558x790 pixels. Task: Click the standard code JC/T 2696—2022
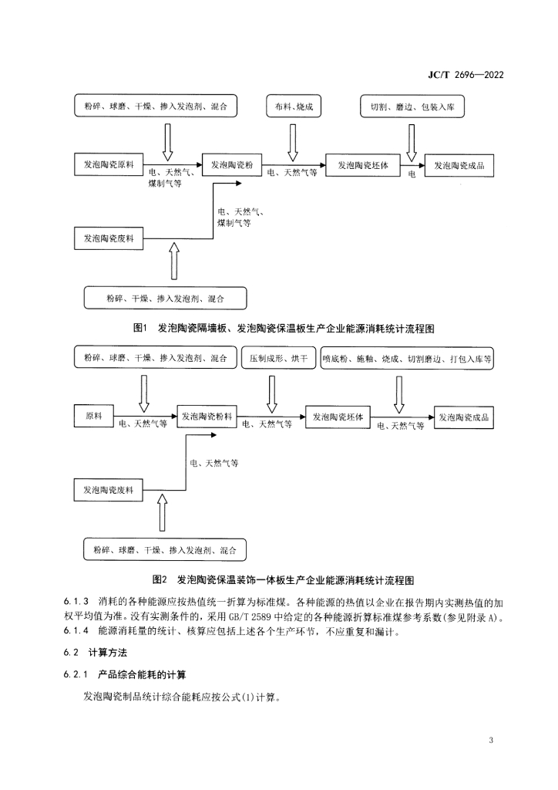(466, 75)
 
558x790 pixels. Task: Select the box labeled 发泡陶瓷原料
(109, 165)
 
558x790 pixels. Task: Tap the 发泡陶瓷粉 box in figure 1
(231, 165)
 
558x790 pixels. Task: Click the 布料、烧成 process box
(294, 106)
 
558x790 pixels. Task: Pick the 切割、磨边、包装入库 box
(412, 106)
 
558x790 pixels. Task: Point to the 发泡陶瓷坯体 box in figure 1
(363, 165)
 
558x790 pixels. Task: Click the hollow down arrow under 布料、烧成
(292, 142)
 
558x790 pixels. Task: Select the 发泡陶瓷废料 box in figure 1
(109, 238)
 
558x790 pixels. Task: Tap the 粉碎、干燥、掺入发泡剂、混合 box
(165, 299)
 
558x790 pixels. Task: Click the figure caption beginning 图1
(284, 329)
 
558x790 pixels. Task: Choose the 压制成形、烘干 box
(278, 358)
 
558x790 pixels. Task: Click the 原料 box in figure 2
(94, 416)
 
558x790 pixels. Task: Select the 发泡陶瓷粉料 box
(207, 417)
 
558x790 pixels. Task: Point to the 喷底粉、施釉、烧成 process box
(407, 359)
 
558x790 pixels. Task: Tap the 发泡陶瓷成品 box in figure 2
(463, 417)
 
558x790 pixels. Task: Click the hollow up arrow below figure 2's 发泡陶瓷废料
(162, 512)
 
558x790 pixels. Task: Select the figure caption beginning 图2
(284, 580)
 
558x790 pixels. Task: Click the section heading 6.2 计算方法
(95, 653)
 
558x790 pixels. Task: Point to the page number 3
(491, 740)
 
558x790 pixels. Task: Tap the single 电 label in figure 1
(412, 174)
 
